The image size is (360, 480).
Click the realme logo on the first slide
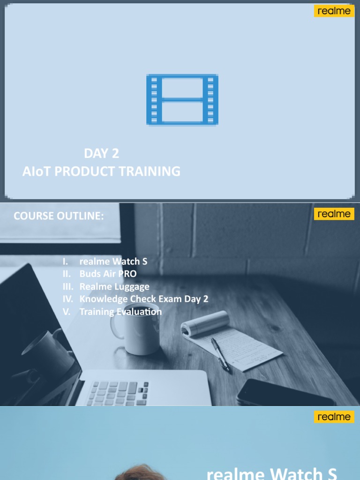334,11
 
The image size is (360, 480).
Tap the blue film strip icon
182,99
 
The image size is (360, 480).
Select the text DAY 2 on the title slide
101,153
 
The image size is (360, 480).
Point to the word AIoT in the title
37,172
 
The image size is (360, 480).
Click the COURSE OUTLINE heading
59,216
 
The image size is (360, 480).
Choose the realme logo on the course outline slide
334,214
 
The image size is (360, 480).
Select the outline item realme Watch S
113,262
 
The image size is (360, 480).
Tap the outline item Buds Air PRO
108,274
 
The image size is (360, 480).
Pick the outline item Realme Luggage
114,286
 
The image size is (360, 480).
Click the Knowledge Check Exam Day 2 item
144,299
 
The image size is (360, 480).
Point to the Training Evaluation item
120,312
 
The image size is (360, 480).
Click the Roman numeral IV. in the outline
68,299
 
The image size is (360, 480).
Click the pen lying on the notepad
220,353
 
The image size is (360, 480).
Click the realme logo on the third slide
334,417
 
